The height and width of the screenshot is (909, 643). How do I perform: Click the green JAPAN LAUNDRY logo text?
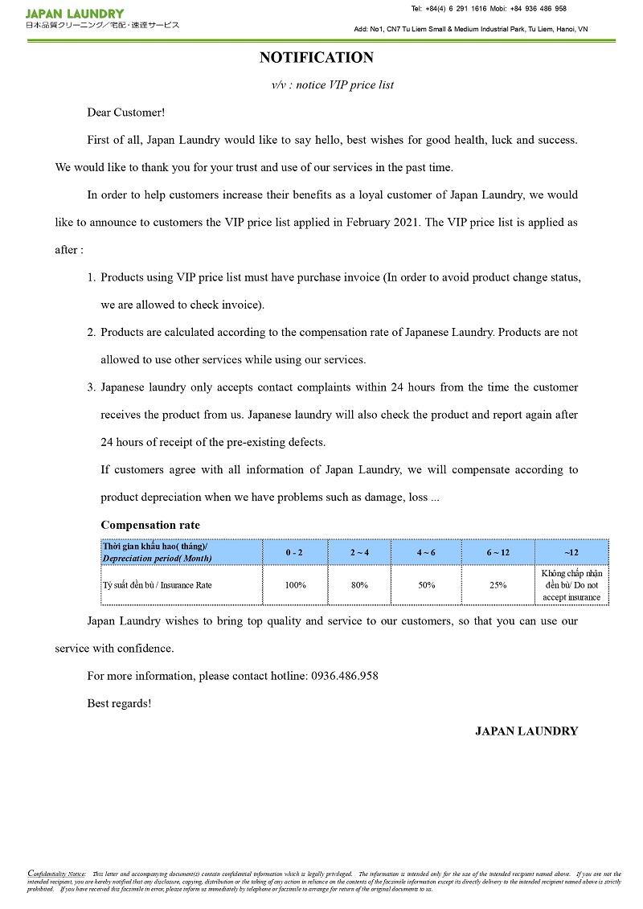(x=75, y=14)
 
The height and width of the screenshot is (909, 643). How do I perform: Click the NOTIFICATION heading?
(x=316, y=58)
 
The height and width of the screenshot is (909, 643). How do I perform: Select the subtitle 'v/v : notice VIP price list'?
(x=333, y=84)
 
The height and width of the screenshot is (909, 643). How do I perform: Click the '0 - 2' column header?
(x=295, y=553)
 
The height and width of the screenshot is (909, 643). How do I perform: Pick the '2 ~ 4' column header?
(x=359, y=553)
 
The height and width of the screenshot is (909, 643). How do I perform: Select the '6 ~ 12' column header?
(x=498, y=553)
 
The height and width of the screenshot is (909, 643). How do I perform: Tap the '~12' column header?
(x=571, y=553)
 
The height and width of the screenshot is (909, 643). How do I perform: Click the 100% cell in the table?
(x=295, y=585)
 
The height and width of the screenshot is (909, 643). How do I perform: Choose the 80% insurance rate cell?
(x=359, y=585)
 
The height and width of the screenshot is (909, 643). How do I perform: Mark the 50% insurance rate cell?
(x=426, y=585)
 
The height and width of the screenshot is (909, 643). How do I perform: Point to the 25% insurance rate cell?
(x=498, y=585)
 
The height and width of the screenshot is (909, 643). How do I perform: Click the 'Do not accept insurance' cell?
(x=571, y=585)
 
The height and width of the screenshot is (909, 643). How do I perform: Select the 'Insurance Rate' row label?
(x=157, y=585)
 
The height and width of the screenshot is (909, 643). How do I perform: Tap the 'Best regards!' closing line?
(x=119, y=703)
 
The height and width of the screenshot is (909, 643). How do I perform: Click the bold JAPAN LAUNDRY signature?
(x=526, y=731)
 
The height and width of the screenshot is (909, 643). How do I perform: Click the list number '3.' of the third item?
(x=92, y=387)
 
